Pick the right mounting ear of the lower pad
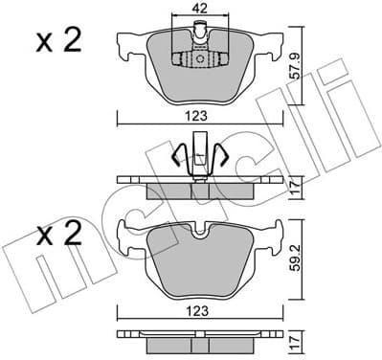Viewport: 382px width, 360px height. click(271, 231)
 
